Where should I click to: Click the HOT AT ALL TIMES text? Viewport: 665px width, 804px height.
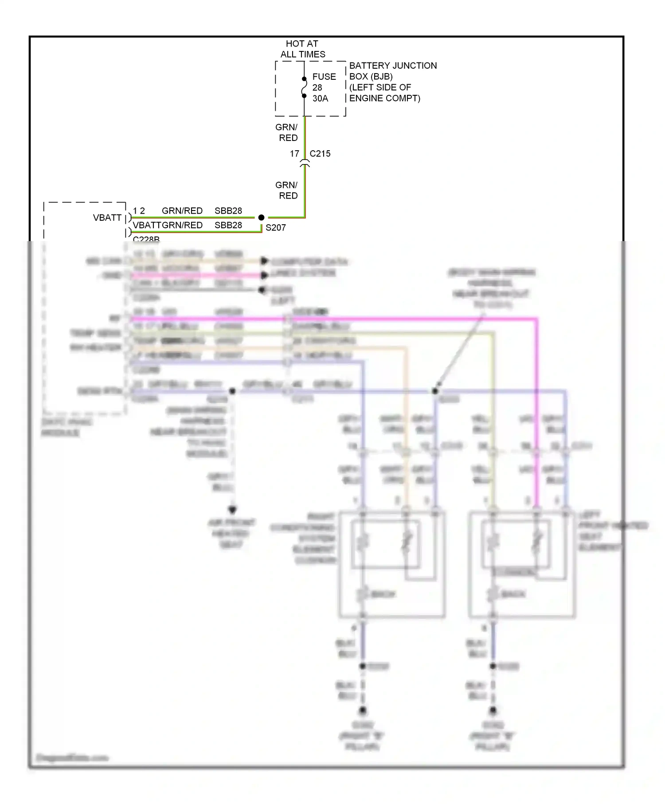click(x=302, y=49)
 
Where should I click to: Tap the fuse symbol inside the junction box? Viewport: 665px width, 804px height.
click(x=304, y=88)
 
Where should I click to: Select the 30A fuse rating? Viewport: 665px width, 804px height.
click(x=320, y=98)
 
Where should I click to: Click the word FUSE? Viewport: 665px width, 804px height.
click(x=324, y=77)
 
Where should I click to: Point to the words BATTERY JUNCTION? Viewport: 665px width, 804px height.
click(x=393, y=66)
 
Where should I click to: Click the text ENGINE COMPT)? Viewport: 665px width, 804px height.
click(x=384, y=98)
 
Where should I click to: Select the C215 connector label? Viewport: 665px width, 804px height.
click(x=320, y=154)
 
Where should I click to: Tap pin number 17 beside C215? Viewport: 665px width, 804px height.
click(x=294, y=154)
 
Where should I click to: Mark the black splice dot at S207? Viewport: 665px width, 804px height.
click(x=261, y=218)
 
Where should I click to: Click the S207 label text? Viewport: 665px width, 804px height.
click(x=275, y=228)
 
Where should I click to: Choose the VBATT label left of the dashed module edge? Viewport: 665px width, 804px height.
click(x=107, y=218)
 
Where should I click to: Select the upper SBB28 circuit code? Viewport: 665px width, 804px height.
click(x=228, y=211)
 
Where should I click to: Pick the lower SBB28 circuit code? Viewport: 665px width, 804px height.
click(x=228, y=225)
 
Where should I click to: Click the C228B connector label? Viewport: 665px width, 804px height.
click(x=146, y=239)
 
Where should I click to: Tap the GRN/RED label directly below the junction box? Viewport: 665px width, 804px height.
click(x=287, y=133)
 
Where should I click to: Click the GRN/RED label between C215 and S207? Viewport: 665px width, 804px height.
click(x=287, y=190)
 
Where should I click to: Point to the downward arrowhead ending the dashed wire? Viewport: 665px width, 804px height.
click(x=232, y=510)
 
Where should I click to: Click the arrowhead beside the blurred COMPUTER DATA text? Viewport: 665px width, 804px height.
click(x=265, y=261)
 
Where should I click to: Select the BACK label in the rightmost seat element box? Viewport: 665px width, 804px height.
click(x=513, y=594)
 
